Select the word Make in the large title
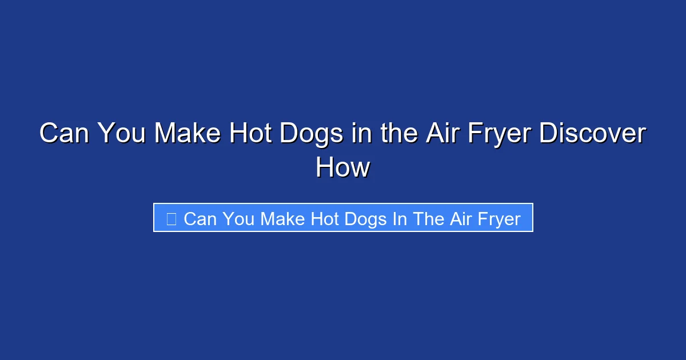188,134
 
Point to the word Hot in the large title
249,134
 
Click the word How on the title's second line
342,168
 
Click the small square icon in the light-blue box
171,218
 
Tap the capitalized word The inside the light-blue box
425,218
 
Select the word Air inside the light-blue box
458,218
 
